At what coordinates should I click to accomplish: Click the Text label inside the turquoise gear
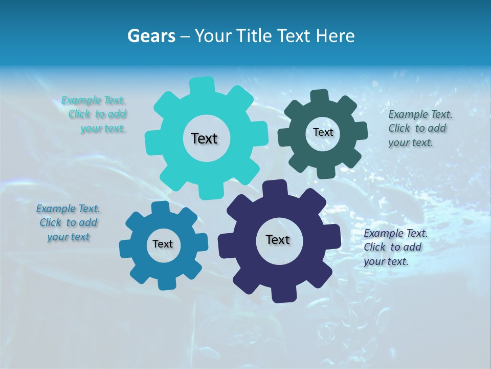tap(204, 138)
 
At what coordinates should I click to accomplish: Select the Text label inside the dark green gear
tap(323, 132)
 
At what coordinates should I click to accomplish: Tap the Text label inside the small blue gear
tap(162, 244)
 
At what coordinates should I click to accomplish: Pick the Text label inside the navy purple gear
tap(278, 239)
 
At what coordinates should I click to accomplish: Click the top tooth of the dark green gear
tap(320, 96)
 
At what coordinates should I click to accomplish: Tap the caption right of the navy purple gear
tap(395, 247)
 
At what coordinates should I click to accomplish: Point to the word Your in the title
tap(211, 36)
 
